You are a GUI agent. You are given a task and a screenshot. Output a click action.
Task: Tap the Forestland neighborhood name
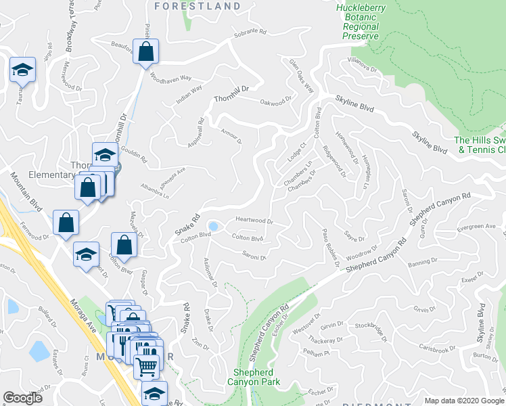pos(197,6)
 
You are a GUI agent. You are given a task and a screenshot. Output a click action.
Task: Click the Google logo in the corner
pos(22,398)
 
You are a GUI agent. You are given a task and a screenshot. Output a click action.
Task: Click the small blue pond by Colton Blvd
pos(214,226)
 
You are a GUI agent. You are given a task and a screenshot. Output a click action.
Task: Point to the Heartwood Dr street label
pos(254,221)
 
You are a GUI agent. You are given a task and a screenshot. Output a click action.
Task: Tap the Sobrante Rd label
pos(250,31)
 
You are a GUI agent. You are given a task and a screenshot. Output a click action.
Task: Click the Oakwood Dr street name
pos(276,102)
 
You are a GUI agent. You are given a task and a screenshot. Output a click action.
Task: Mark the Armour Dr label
pos(231,136)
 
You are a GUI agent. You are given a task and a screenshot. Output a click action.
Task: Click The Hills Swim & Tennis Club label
pos(480,145)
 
